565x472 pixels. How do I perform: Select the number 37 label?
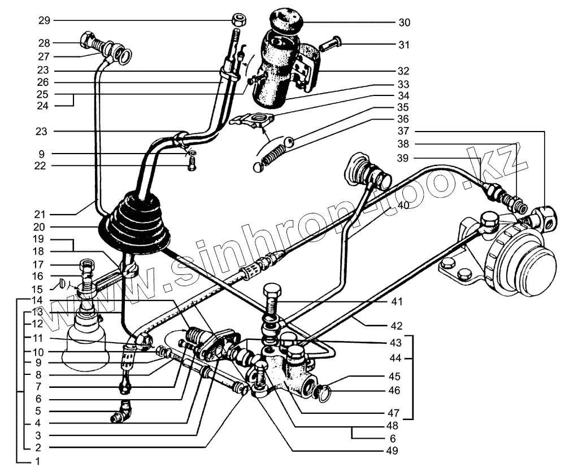click(x=403, y=131)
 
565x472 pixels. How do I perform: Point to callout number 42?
click(x=395, y=325)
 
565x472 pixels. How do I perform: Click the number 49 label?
click(x=393, y=451)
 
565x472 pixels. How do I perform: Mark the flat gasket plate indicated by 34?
click(x=254, y=120)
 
